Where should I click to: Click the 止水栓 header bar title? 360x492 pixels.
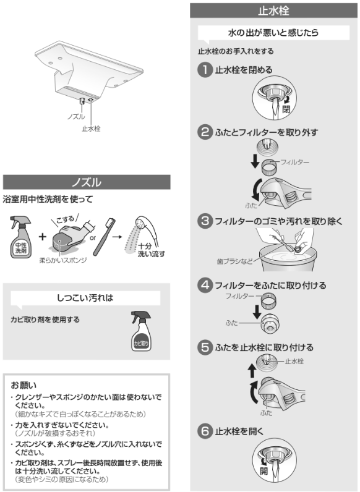pos(273,11)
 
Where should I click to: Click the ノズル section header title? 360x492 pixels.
pos(87,182)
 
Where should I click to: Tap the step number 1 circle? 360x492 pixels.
pos(205,70)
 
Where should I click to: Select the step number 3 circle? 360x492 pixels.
pos(205,221)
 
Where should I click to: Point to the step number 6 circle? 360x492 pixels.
pos(205,431)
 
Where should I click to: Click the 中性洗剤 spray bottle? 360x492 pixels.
pos(20,237)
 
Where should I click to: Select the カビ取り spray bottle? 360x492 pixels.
pos(140,331)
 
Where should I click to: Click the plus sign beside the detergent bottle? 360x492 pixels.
pos(42,237)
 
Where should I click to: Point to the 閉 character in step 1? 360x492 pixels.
pos(286,109)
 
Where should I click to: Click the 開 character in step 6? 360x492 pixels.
pos(264,470)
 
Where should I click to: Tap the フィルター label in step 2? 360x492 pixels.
pos(294,162)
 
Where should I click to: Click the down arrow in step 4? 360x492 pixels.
pos(257,312)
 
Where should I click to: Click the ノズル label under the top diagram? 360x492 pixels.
pos(76,117)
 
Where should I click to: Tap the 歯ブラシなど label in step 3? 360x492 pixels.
pos(234,261)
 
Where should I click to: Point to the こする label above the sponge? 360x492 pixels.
pos(66,219)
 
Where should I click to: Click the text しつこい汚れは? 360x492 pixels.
pos(85,298)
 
